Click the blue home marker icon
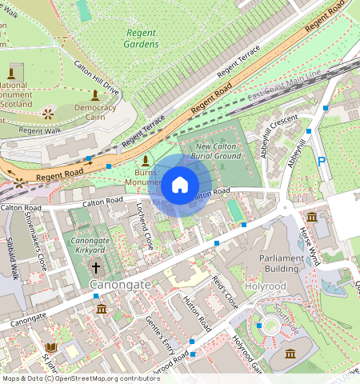(180, 186)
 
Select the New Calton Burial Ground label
(218, 151)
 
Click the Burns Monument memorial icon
(145, 160)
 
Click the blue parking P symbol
(322, 162)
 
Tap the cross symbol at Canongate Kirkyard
(96, 267)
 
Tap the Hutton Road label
(196, 314)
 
